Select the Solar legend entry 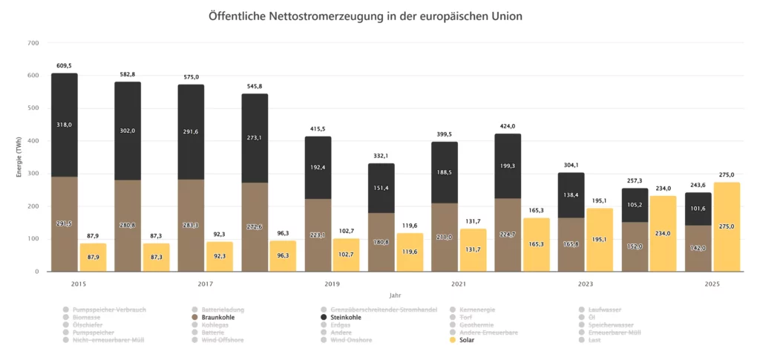[x=467, y=340]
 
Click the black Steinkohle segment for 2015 [x=64, y=125]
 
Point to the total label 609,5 [x=64, y=66]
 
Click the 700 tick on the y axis [x=33, y=43]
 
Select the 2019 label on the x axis [x=333, y=284]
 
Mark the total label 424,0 [x=508, y=126]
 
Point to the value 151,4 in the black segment [x=381, y=189]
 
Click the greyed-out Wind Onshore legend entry [x=351, y=340]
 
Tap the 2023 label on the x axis [x=586, y=284]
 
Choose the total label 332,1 [x=381, y=156]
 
